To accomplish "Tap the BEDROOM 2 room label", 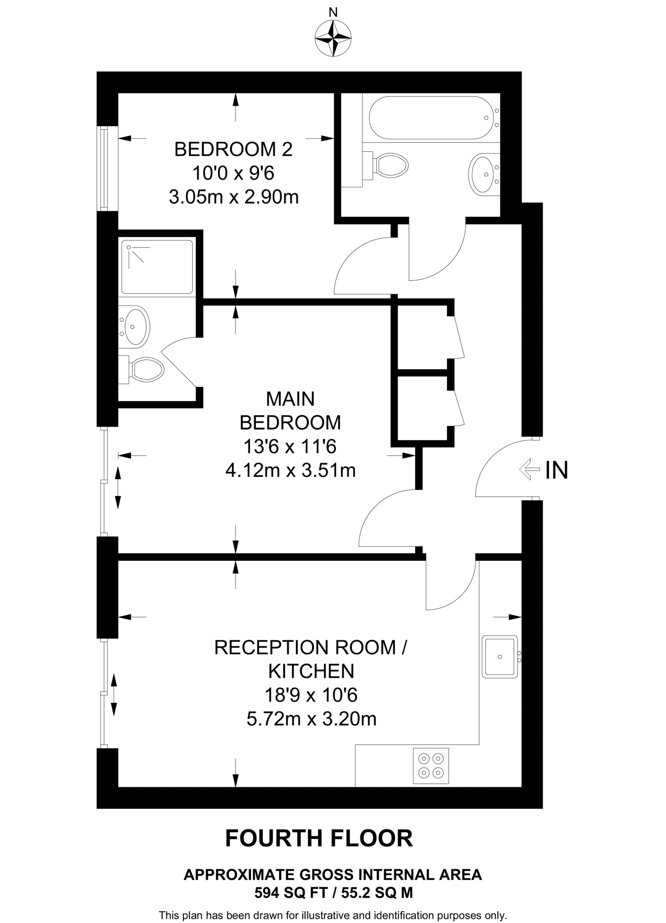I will (x=233, y=149).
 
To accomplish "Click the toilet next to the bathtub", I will (x=390, y=165).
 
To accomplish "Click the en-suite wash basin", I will (x=134, y=326).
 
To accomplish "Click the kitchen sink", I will (x=499, y=657).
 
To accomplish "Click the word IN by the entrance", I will (x=557, y=470).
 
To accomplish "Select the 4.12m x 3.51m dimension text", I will (x=290, y=471).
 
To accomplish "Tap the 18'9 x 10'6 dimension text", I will (x=311, y=695).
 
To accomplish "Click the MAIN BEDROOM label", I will (x=290, y=411).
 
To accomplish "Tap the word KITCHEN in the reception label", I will (x=311, y=671).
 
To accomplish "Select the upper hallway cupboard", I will (x=422, y=336).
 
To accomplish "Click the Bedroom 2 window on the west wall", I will (x=104, y=169).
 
